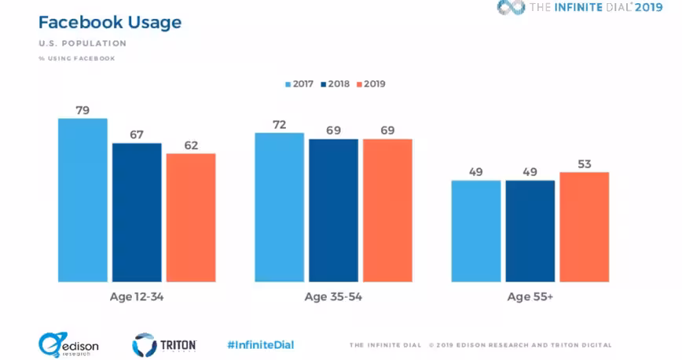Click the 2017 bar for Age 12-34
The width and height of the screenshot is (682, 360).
82,200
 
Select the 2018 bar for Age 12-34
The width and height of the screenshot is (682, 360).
137,212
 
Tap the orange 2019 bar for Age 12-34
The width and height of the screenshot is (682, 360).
191,218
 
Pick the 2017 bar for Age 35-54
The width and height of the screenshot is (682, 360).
279,208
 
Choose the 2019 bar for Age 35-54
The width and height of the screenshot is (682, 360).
387,211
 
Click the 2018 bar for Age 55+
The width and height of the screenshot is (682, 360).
530,231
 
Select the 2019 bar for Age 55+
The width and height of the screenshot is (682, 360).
584,227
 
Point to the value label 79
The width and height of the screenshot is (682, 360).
82,111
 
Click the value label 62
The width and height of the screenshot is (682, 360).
191,145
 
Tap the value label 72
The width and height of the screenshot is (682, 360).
279,125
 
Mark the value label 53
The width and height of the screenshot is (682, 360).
584,164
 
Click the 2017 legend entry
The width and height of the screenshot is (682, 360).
299,84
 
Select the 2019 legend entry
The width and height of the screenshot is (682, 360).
371,84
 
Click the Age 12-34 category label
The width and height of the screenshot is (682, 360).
137,297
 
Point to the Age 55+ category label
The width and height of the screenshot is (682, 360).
530,297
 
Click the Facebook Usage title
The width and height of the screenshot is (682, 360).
110,23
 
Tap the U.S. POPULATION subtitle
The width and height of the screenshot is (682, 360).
82,43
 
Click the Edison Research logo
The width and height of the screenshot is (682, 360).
68,345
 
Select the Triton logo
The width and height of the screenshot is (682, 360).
164,345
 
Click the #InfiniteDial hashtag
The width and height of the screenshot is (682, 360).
261,345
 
